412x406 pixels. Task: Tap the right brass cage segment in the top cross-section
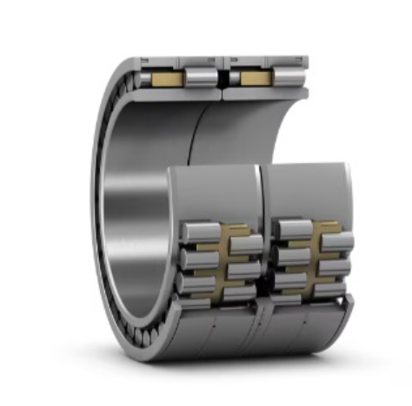click(x=256, y=79)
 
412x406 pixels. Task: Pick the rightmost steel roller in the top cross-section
click(x=290, y=78)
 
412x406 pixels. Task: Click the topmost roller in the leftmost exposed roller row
click(x=199, y=230)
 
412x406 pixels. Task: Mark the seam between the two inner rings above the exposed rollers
click(x=262, y=191)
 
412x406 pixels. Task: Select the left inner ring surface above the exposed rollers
click(x=217, y=187)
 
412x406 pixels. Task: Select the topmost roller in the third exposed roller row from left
click(x=291, y=229)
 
